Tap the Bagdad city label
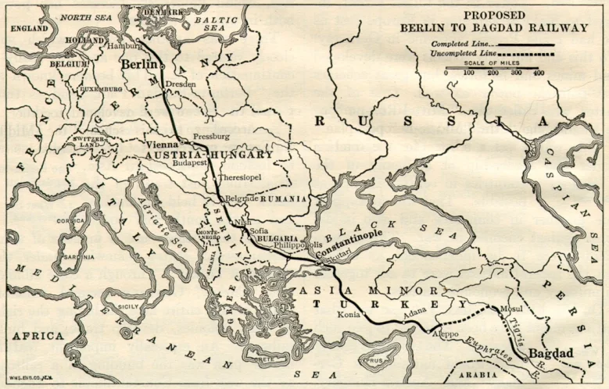coord(551,354)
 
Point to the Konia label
coord(349,315)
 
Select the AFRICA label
coord(37,335)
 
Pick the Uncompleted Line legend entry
coord(466,53)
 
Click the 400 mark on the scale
coord(538,73)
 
